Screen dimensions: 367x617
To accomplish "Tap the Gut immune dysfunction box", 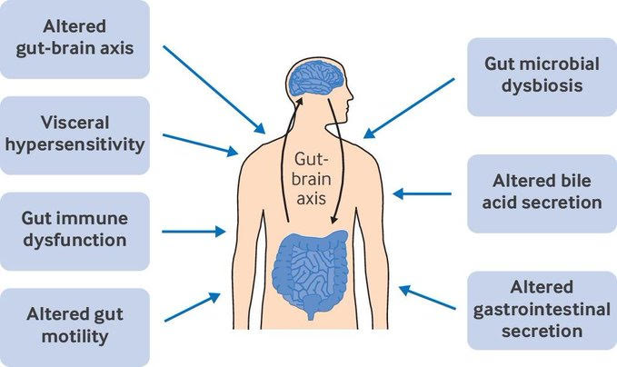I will pyautogui.click(x=75, y=230).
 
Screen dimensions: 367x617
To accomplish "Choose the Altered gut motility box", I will pyautogui.click(x=75, y=324).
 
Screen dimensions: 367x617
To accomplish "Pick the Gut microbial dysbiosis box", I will pyautogui.click(x=542, y=76).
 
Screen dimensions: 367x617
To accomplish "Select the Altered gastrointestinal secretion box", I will pyautogui.click(x=542, y=309).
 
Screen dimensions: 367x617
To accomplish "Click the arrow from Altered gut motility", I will pyautogui.click(x=193, y=305).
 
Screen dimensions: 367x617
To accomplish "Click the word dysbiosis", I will pyautogui.click(x=542, y=87).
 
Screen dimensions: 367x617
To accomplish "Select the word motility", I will pyautogui.click(x=75, y=336).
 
